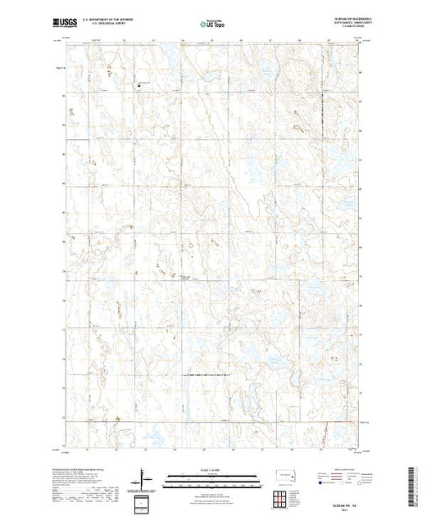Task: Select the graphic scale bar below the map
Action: click(210, 477)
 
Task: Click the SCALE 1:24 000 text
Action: click(210, 470)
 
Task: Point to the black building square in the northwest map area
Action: click(139, 83)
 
